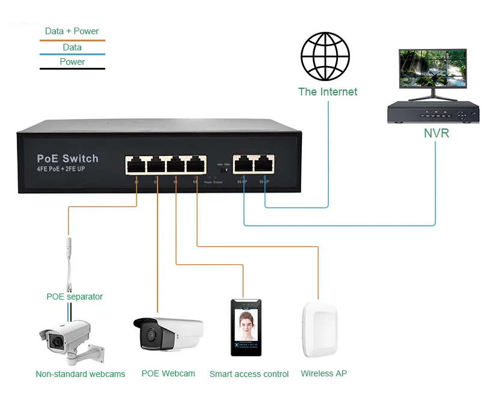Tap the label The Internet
click(x=328, y=92)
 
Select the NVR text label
click(x=436, y=133)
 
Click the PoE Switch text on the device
click(x=67, y=158)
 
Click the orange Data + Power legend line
click(x=72, y=40)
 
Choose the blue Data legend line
click(x=72, y=55)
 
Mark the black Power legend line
click(x=72, y=69)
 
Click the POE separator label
click(x=75, y=297)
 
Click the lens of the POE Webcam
click(x=150, y=333)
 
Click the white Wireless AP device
click(x=319, y=331)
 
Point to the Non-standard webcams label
click(x=81, y=374)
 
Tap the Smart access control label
click(x=249, y=374)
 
